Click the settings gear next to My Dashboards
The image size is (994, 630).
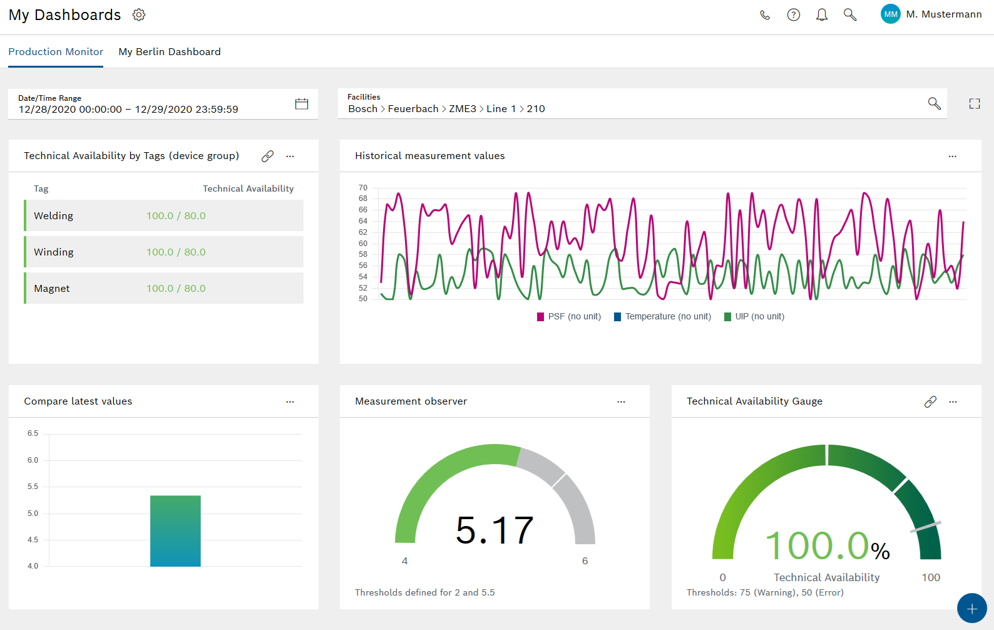[139, 15]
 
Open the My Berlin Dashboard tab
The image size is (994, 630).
[170, 52]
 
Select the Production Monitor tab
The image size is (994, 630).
[56, 52]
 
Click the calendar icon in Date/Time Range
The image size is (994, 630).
[302, 104]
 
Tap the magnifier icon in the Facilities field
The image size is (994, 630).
[934, 104]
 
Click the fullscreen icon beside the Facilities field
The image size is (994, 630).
[975, 104]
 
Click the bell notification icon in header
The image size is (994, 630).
[822, 15]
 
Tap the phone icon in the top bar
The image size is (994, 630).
[765, 15]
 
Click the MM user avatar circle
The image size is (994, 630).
[890, 14]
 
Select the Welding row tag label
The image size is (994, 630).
[54, 216]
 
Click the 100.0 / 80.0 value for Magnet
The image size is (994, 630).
[176, 289]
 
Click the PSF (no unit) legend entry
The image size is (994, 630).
[569, 317]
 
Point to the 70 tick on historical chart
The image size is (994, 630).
[363, 188]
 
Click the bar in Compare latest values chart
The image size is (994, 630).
[175, 531]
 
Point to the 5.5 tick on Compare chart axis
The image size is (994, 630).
[33, 487]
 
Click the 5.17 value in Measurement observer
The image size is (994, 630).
[494, 530]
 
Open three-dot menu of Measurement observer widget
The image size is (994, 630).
[621, 402]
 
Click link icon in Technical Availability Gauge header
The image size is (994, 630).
[930, 402]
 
